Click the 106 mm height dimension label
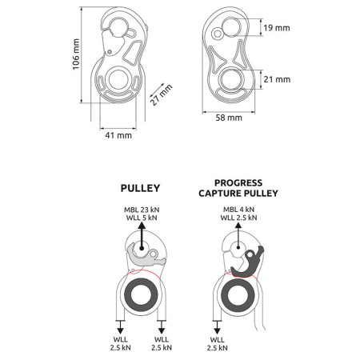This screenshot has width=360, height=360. tap(76, 54)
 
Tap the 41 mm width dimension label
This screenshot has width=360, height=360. tap(118, 135)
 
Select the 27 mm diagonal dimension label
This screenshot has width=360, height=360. tap(161, 95)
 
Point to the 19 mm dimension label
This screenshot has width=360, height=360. tap(277, 28)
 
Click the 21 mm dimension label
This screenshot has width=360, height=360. tap(277, 79)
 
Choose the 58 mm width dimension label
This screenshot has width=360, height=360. tap(229, 118)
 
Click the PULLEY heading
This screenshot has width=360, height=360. tap(140, 188)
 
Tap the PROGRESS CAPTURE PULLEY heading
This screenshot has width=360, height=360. tap(238, 188)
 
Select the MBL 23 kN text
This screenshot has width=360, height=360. tap(142, 210)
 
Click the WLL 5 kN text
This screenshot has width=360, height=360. tap(142, 218)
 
